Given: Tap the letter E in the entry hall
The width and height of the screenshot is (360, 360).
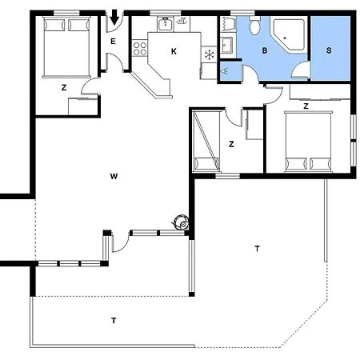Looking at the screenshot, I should coord(113,42).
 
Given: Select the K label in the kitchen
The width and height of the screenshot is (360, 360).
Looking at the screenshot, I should coord(174,51).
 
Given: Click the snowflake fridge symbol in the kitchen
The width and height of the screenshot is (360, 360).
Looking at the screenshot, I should coord(209,54).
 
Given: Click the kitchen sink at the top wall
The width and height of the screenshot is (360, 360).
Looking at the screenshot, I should coord(167,24).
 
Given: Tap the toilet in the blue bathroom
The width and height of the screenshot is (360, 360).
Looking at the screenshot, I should coord(255,27).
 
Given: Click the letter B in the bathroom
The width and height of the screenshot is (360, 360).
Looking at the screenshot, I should coord(264,50).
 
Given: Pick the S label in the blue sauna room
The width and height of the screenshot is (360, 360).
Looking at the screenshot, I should coord(329,50).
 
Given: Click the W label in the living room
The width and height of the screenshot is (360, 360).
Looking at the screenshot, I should coord(114,174).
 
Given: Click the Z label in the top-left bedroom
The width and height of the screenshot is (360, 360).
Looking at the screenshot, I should coord(63,89).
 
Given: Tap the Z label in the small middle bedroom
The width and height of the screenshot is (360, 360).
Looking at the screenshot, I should coord(230,145).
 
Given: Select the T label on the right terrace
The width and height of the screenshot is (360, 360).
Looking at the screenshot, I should coord(256,249).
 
